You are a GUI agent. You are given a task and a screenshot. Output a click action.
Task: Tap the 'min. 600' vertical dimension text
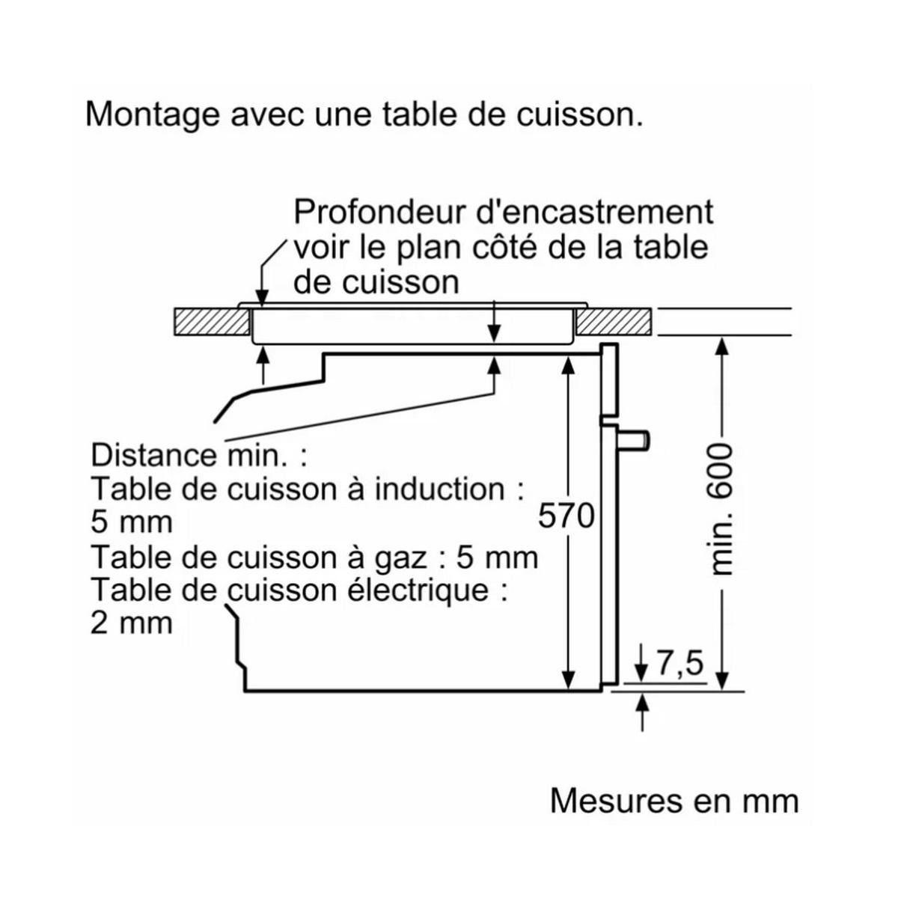point(720,509)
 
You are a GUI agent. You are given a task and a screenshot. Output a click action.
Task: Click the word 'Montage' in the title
point(153,115)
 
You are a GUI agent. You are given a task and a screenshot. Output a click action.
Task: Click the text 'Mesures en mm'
point(674,801)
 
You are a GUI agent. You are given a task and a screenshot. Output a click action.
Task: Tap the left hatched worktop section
point(211,322)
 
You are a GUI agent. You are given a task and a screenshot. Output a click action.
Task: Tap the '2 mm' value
point(132,623)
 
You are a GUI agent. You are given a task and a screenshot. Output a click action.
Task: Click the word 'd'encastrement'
point(596,212)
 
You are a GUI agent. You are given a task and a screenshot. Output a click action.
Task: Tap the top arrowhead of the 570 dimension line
point(569,364)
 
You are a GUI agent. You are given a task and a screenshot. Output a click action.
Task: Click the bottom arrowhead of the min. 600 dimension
point(721,679)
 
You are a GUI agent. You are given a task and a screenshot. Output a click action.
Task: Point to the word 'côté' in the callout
point(498,248)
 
